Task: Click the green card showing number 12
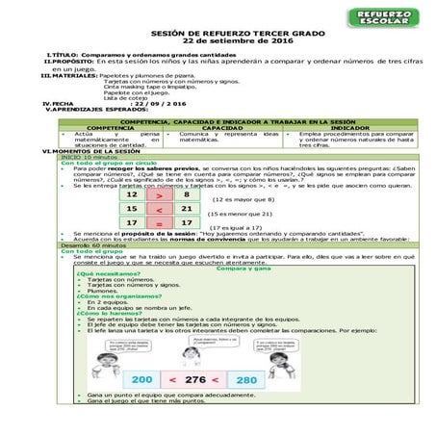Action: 132,194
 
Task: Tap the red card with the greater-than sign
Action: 159,194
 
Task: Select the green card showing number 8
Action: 186,194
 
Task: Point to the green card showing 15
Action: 132,209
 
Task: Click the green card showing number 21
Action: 186,209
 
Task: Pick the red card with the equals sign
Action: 159,223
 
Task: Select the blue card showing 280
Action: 272,380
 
